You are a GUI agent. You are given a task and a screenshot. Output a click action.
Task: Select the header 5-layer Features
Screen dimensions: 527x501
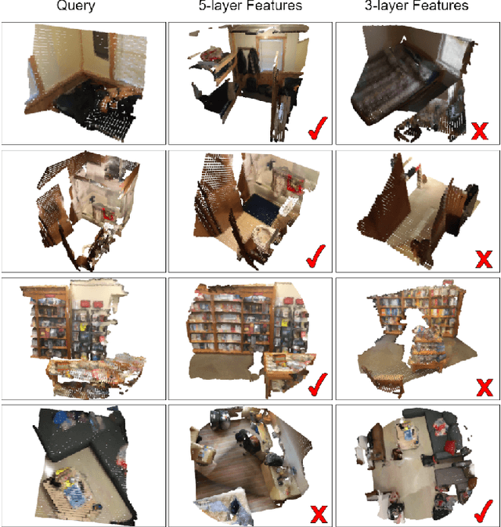point(250,7)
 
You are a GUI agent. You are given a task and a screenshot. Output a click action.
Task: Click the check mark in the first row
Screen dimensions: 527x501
point(315,128)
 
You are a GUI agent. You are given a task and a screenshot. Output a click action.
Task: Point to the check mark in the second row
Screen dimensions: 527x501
point(315,255)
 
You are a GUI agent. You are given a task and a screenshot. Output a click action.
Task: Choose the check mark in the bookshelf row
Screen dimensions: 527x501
point(315,384)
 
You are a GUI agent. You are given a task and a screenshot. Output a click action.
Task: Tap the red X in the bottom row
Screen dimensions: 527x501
point(317,514)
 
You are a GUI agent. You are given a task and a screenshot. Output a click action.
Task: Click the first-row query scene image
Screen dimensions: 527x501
point(83,83)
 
